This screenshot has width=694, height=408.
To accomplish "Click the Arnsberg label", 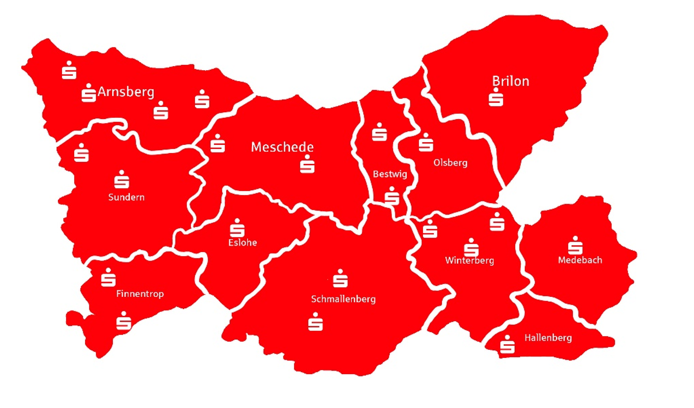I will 126,92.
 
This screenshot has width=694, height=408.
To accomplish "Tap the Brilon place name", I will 510,81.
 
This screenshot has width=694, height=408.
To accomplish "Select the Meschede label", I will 282,147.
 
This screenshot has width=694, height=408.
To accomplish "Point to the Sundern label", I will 126,197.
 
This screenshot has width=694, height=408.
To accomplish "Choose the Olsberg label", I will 450,162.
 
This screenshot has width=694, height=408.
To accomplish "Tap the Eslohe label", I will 243,242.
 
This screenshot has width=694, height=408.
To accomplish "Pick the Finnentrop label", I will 140,294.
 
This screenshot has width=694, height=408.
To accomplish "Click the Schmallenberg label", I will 343,299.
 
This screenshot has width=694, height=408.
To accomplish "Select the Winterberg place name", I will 469,260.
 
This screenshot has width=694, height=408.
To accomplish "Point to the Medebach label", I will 580,260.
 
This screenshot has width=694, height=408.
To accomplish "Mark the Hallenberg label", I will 548,338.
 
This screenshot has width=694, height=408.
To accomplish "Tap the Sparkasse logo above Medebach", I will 575,246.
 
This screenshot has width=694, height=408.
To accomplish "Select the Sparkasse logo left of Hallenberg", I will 508,344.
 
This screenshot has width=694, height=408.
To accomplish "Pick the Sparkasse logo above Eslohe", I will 237,228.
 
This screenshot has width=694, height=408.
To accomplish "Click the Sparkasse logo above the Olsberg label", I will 426,142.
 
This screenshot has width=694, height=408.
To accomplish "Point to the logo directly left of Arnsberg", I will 88,93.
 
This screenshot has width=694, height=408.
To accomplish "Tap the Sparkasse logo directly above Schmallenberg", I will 340,278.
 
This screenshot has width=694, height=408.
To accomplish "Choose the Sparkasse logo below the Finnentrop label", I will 124,321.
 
